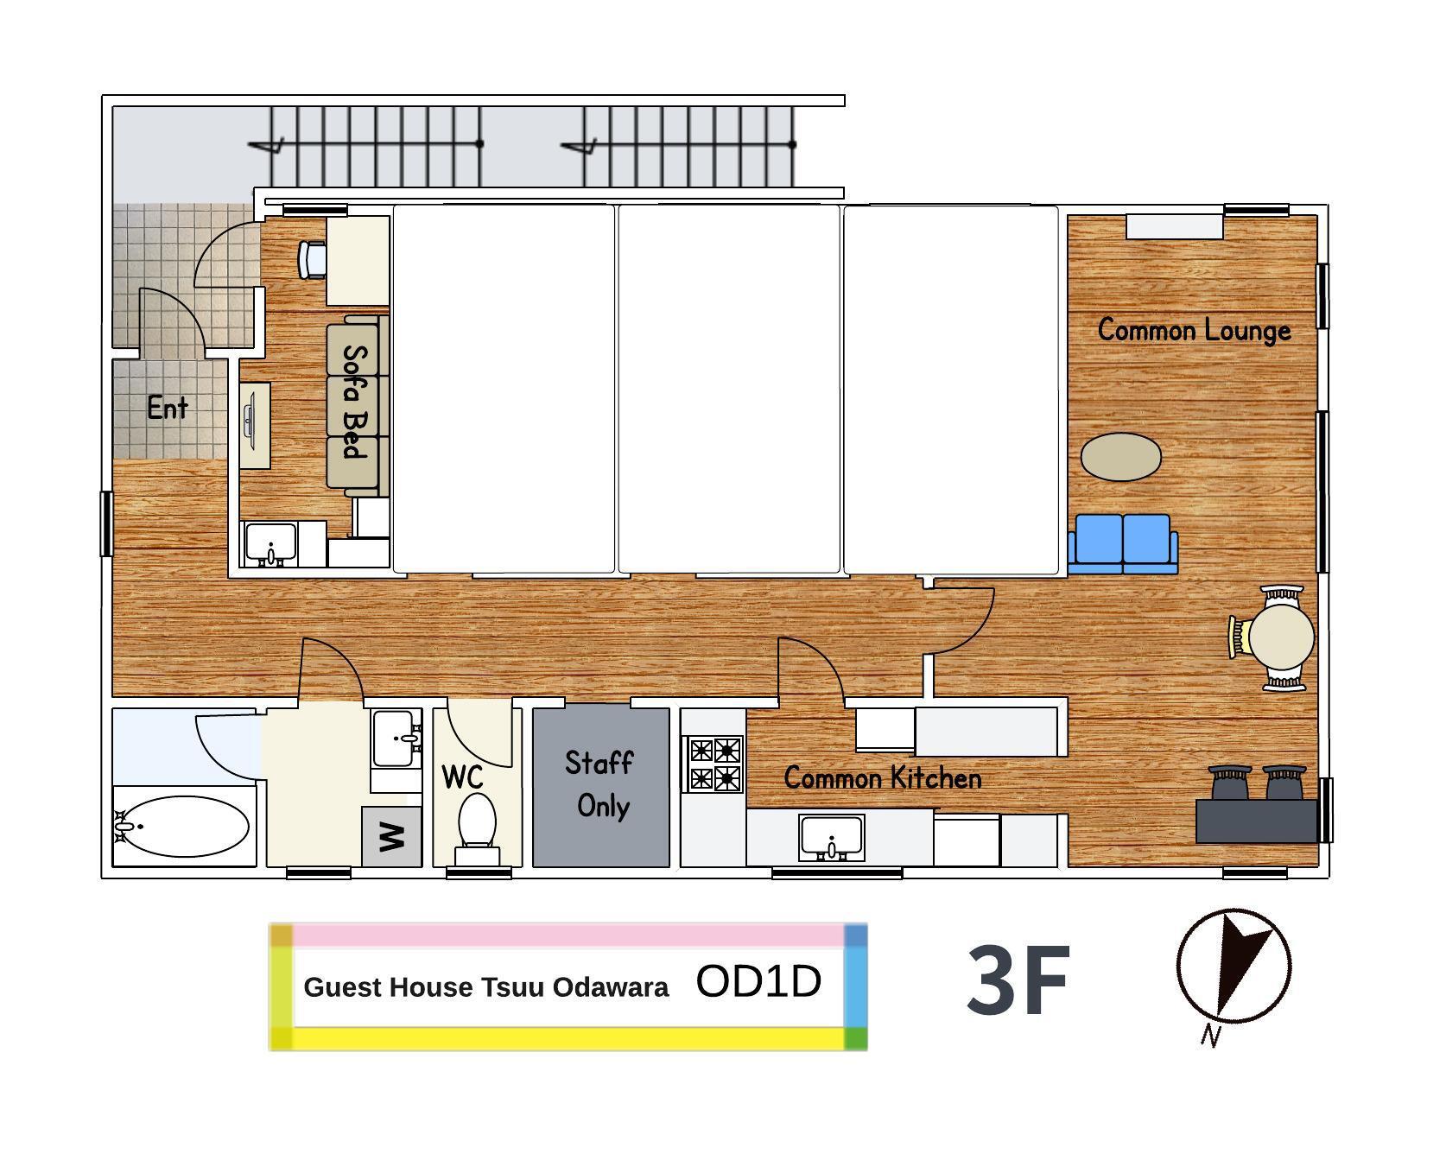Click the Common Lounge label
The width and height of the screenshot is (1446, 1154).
pos(1194,330)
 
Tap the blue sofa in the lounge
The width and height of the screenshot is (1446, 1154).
pos(1123,544)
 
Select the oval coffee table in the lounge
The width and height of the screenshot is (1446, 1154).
pos(1121,457)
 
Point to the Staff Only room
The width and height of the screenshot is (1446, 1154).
pos(601,787)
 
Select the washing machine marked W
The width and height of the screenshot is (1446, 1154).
pos(391,836)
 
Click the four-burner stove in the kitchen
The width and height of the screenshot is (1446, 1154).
pos(714,764)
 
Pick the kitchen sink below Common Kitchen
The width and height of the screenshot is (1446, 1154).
pos(832,838)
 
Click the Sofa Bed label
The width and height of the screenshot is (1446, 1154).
pos(355,402)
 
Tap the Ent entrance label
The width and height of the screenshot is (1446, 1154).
pos(167,407)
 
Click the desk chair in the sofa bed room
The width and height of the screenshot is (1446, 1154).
pos(313,259)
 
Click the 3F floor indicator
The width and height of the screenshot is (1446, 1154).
pos(1018,981)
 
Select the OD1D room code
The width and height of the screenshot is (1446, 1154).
pos(758,981)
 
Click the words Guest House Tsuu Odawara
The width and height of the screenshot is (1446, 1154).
pos(486,987)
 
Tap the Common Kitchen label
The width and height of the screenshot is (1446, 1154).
pos(883,778)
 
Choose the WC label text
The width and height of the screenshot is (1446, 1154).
pos(463,777)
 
